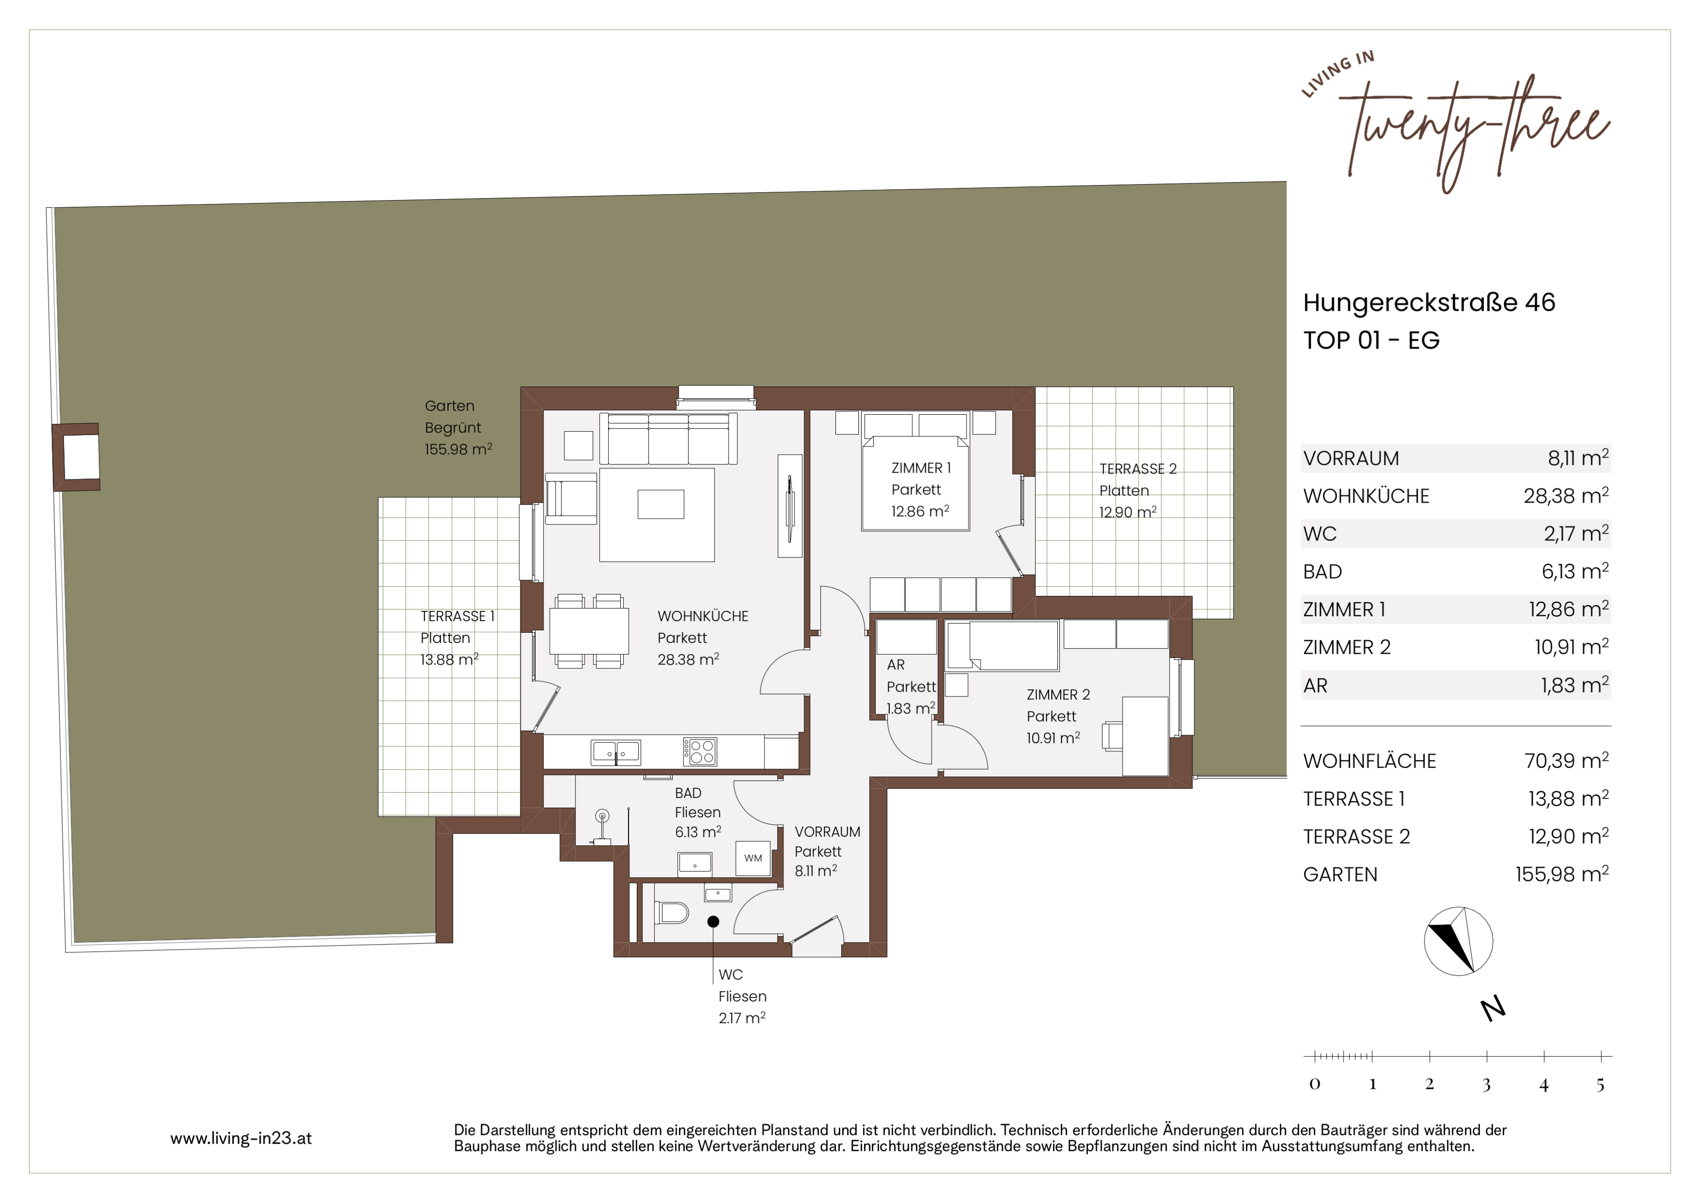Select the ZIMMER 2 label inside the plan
(1058, 695)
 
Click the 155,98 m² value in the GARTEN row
(1562, 874)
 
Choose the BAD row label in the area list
(1323, 572)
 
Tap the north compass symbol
(1458, 941)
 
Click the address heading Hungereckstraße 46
(1429, 303)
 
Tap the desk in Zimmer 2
(1145, 736)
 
